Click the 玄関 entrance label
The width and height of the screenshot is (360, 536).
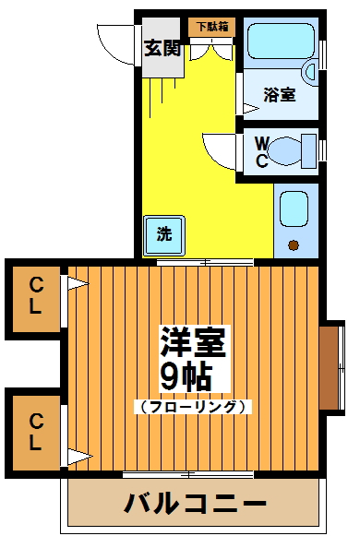click(x=162, y=48)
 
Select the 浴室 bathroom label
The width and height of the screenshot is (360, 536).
click(x=279, y=93)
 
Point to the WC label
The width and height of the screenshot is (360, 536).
click(x=261, y=152)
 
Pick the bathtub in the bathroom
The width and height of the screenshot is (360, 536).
click(x=280, y=42)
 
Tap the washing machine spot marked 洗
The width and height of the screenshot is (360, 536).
click(x=163, y=234)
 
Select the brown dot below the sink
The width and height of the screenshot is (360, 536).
click(x=294, y=244)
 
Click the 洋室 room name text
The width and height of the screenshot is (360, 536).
click(x=194, y=343)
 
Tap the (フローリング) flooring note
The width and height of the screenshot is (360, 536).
click(x=193, y=407)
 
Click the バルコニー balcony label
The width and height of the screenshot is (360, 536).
click(x=196, y=504)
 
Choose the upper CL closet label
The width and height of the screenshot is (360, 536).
click(x=35, y=296)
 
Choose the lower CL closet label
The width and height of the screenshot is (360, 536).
click(x=35, y=432)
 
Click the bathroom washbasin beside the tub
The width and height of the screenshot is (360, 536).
click(x=311, y=70)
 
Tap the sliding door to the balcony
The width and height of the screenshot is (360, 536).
click(x=188, y=474)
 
